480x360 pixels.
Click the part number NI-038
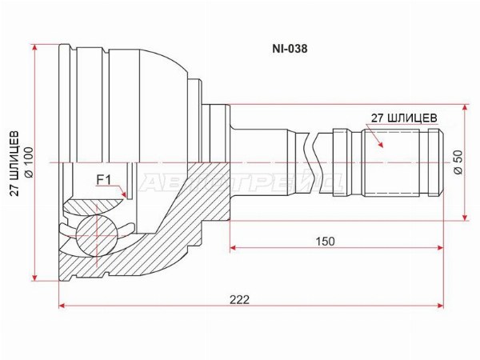(x=290, y=49)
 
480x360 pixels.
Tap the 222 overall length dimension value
(x=240, y=299)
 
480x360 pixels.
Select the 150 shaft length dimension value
(x=326, y=242)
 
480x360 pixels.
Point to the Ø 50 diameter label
(x=459, y=162)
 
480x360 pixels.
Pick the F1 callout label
(x=103, y=180)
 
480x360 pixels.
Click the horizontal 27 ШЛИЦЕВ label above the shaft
(x=404, y=118)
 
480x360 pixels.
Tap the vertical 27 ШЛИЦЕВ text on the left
(x=14, y=163)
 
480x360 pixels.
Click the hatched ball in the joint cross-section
(x=97, y=235)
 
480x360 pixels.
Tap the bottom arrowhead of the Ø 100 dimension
(x=35, y=277)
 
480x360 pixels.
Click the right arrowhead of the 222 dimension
(x=440, y=306)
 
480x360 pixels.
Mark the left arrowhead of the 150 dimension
(x=234, y=247)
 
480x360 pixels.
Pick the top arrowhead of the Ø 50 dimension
(x=466, y=108)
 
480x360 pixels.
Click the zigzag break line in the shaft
(x=312, y=162)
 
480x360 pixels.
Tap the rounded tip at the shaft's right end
(x=442, y=162)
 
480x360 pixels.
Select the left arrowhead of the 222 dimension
(x=62, y=306)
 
